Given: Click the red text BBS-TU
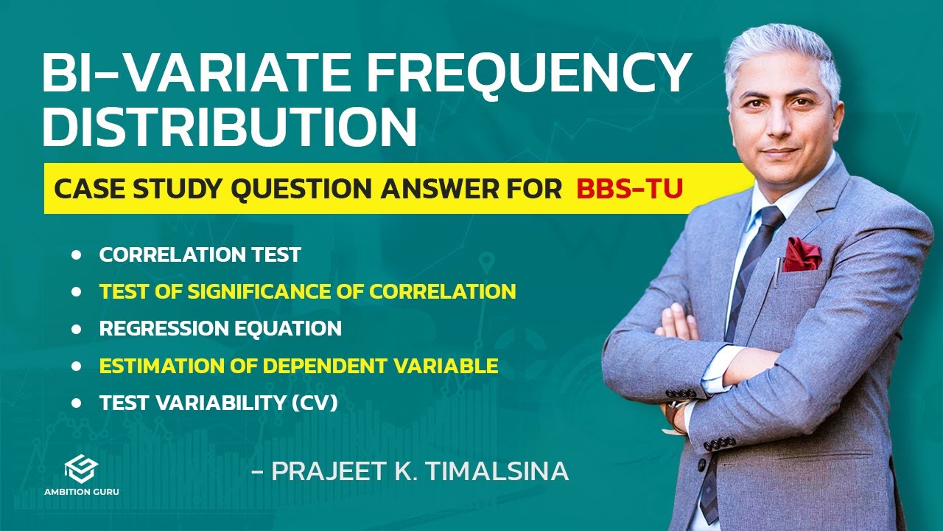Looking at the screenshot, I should coord(629,189).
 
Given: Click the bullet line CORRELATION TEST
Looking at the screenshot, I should coord(200,255).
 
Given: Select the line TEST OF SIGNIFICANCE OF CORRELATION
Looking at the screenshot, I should coord(307,291).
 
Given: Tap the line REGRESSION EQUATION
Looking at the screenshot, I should coord(220,328).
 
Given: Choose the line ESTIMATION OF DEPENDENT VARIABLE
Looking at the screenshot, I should coord(298,365).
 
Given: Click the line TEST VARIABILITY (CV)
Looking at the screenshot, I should coord(218,403).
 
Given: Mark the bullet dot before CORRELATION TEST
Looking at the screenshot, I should coord(77,255).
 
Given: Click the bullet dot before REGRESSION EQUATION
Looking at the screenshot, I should coord(77,329).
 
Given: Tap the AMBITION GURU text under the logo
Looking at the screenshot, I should coord(80,491).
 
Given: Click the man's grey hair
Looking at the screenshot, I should coord(781,52).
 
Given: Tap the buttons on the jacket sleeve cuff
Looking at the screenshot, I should coord(719,445).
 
